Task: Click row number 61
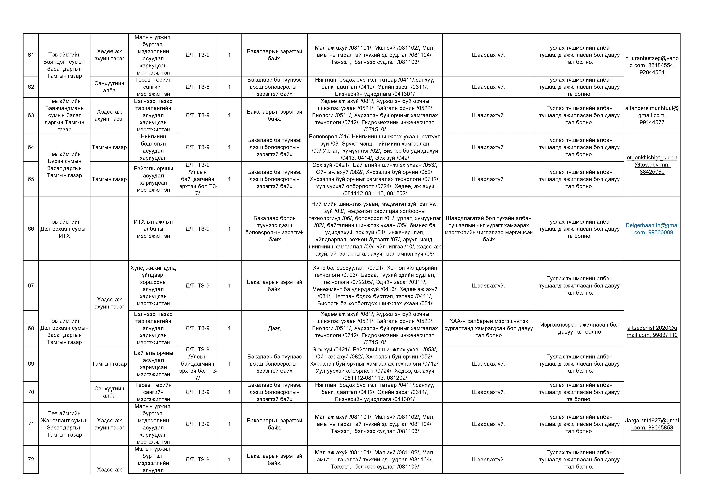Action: tap(31, 55)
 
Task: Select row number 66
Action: tap(31, 229)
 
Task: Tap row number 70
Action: tap(31, 392)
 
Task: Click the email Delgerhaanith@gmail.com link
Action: tap(652, 229)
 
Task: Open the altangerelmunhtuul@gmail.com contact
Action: tap(652, 115)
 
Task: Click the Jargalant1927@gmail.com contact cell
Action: tap(652, 424)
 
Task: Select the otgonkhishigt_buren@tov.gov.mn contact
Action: tap(652, 165)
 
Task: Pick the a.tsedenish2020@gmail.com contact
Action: tap(652, 331)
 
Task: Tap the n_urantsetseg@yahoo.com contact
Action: tap(652, 65)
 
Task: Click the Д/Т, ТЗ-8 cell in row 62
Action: tap(197, 87)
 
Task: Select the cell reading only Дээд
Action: tap(274, 328)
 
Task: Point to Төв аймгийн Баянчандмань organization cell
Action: tap(64, 115)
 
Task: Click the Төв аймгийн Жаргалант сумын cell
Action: tap(64, 424)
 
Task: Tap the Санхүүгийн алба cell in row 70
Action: tap(109, 392)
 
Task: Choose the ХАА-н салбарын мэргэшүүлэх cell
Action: tap(489, 328)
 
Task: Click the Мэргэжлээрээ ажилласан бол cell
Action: tap(579, 328)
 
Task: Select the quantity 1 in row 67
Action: tap(229, 286)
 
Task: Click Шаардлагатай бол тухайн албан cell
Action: tap(489, 229)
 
